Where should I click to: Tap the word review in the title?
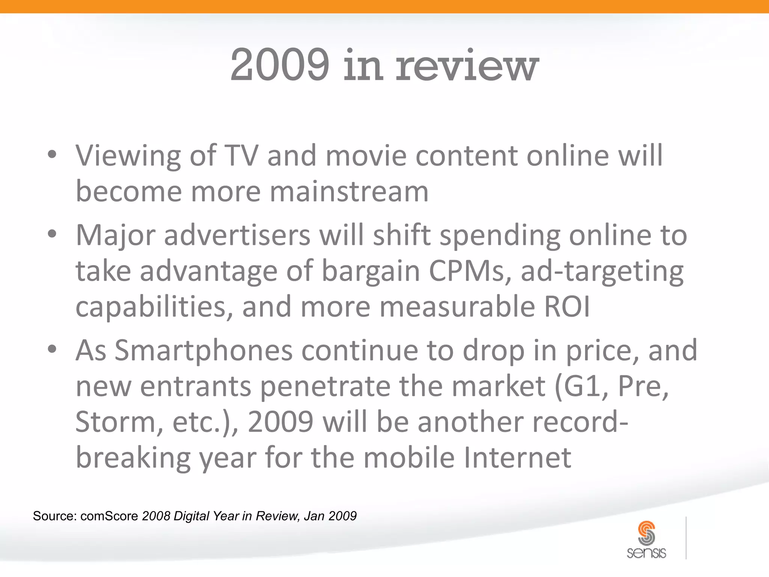pos(467,66)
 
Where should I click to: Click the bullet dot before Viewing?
pos(52,154)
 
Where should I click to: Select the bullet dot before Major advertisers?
pos(52,234)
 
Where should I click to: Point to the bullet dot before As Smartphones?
pos(52,349)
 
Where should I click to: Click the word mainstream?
pos(349,191)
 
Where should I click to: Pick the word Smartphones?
pos(203,350)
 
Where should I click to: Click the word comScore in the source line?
pos(109,516)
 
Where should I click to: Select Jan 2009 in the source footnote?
pos(330,516)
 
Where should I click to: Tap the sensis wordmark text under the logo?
pos(646,553)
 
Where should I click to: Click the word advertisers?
pos(237,235)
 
